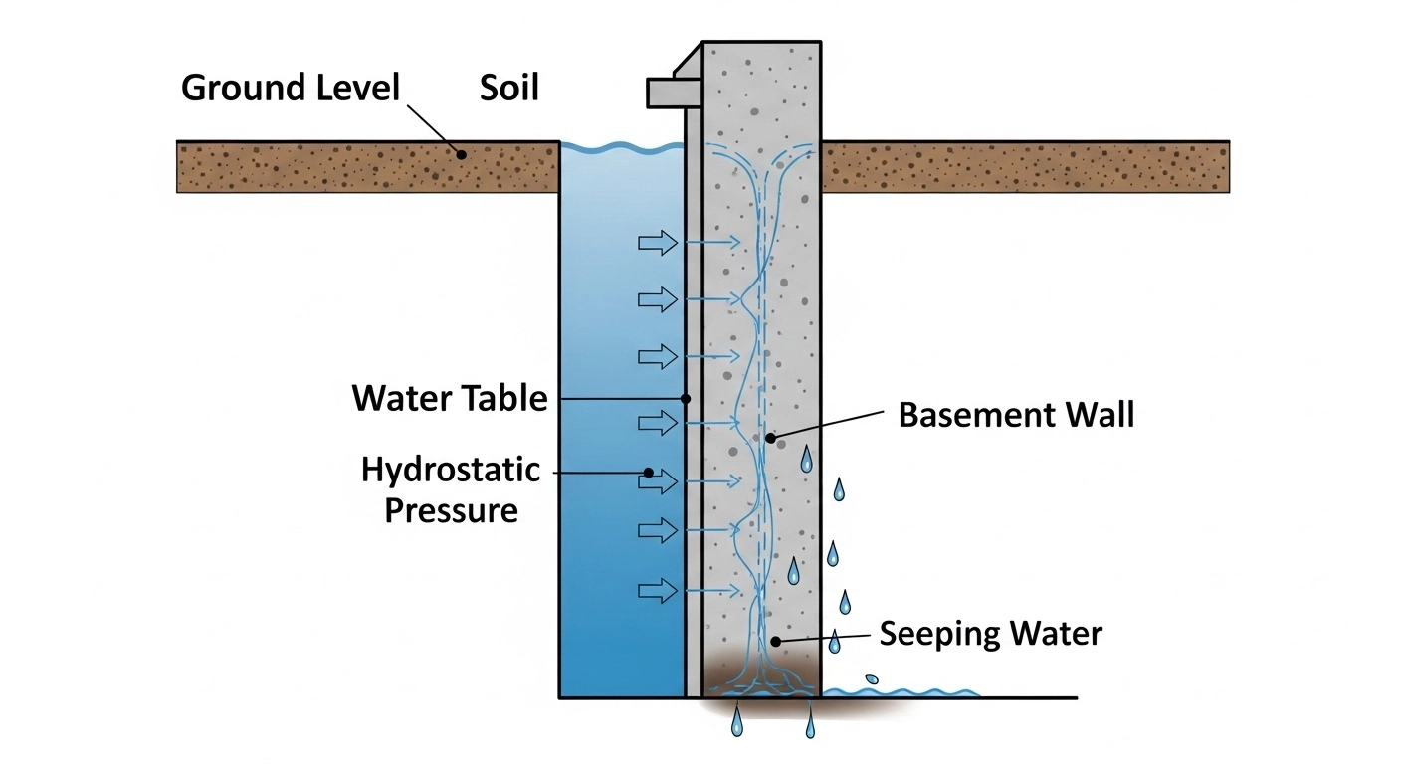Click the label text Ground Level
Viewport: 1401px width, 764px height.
point(290,88)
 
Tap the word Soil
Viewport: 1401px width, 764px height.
point(508,88)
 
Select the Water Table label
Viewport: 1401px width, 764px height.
point(450,399)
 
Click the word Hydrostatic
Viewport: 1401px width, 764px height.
point(451,469)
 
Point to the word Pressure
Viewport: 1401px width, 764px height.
point(452,511)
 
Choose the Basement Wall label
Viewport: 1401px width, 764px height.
point(1016,415)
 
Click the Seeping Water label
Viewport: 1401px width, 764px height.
point(990,634)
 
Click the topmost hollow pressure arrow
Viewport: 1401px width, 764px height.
point(657,242)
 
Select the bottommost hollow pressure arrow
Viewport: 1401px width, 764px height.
point(657,591)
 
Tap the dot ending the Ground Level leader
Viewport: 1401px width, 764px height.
point(461,154)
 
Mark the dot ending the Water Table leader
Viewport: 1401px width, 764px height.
point(686,398)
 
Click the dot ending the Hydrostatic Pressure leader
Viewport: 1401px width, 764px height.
point(648,473)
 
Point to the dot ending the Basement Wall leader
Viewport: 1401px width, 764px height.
point(769,437)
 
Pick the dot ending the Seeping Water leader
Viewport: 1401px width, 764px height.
point(775,642)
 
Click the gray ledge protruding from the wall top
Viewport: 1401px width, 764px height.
point(664,93)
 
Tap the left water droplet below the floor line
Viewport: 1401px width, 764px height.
point(736,723)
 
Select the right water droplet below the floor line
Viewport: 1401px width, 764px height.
point(811,725)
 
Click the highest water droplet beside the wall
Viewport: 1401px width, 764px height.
point(806,459)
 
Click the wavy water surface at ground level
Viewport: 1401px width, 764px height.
point(622,149)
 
